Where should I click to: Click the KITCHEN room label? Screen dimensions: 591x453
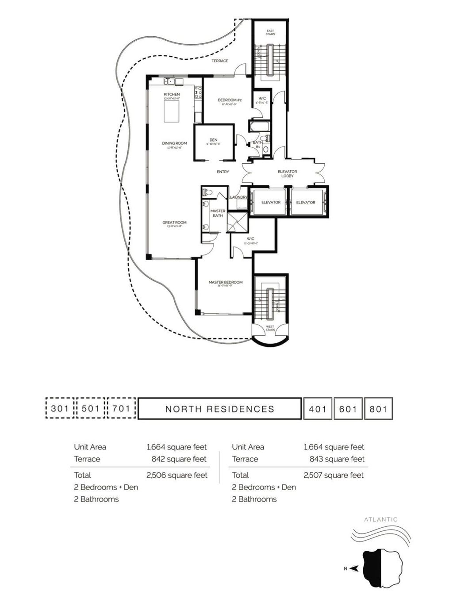point(172,94)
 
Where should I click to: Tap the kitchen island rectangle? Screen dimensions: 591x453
point(172,111)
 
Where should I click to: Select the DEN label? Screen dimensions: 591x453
point(213,140)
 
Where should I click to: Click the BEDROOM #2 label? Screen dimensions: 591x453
point(230,100)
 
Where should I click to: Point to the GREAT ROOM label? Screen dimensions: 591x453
point(174,223)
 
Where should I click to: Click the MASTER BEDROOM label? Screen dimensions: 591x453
point(225,282)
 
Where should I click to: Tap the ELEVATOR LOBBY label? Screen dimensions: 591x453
point(287,173)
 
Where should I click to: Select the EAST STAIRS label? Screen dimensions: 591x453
point(270,32)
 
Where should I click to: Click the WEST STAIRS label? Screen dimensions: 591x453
point(270,328)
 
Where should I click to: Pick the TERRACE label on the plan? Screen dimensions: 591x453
point(219,61)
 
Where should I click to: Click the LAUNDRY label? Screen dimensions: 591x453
point(238,197)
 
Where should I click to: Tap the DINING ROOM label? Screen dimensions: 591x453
point(174,143)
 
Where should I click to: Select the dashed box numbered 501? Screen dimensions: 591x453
point(91,408)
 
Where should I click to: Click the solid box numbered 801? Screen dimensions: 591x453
point(378,409)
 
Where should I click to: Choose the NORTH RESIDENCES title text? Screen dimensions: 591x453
point(220,409)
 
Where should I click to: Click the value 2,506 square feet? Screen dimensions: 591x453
point(177,475)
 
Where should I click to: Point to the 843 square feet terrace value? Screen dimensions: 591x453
point(337,459)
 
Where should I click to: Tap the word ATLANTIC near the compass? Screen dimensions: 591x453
point(380,520)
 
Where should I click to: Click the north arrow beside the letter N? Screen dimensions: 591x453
point(354,569)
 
